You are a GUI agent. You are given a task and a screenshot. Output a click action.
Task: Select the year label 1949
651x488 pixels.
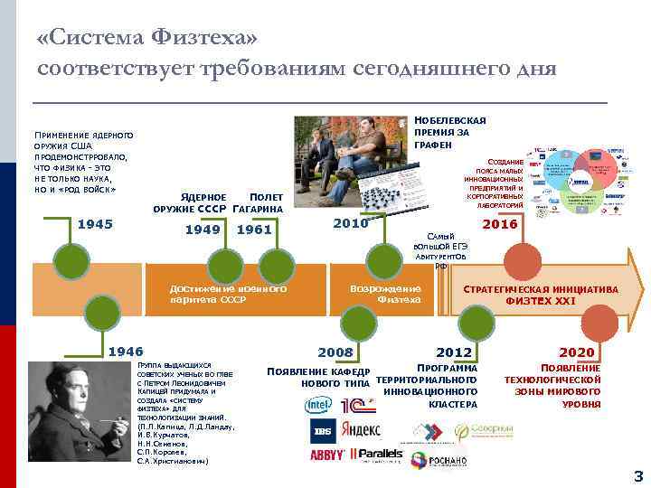pyautogui.click(x=203, y=230)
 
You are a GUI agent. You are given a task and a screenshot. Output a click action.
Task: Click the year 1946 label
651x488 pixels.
pyautogui.click(x=126, y=352)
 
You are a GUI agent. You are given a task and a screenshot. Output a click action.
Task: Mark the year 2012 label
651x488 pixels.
pyautogui.click(x=455, y=352)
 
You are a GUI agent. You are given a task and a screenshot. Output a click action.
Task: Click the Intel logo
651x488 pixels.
pyautogui.click(x=318, y=404)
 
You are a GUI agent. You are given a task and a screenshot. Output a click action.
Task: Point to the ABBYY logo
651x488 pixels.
pyautogui.click(x=328, y=455)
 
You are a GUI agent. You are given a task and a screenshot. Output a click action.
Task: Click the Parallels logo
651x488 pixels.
pyautogui.click(x=378, y=454)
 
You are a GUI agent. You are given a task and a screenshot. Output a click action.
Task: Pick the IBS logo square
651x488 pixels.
pyautogui.click(x=324, y=430)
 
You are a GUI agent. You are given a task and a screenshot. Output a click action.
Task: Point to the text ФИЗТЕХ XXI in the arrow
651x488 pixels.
pyautogui.click(x=541, y=301)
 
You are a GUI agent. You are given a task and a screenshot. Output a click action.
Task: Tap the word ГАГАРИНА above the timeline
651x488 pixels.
pyautogui.click(x=258, y=210)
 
